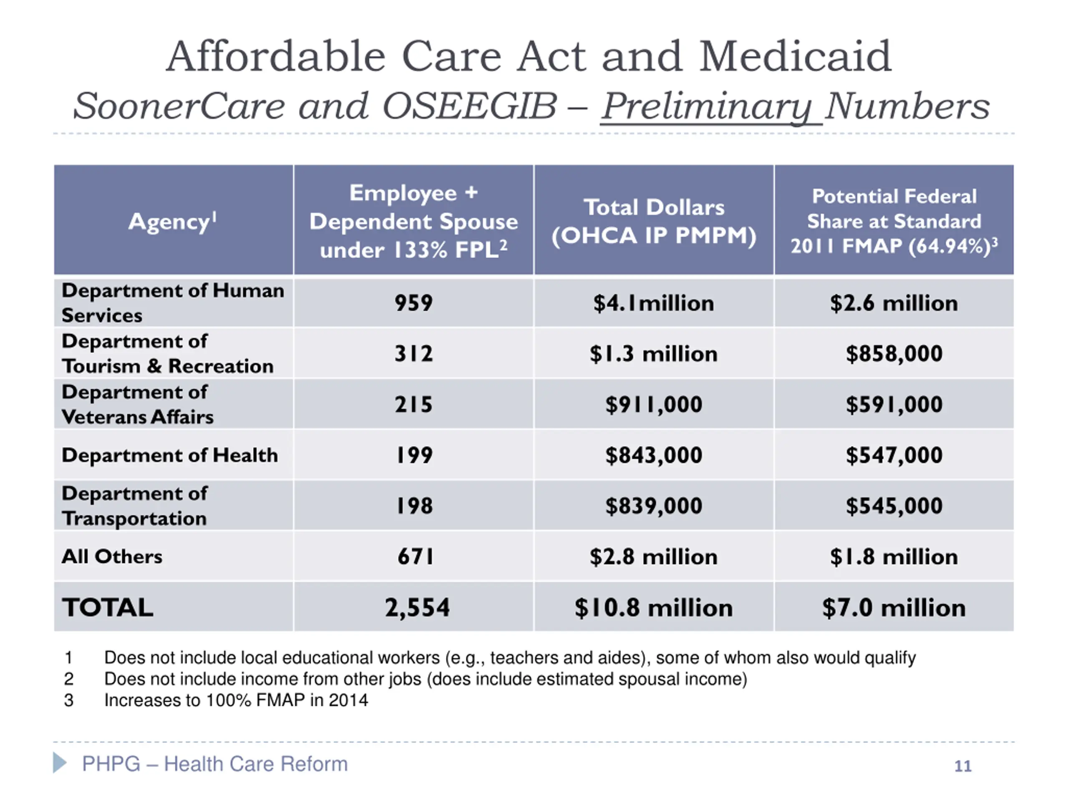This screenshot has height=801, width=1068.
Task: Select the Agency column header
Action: coord(172,222)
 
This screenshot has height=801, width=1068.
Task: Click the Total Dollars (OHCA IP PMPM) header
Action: coord(654,222)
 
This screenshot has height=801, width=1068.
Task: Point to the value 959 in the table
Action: coord(414,303)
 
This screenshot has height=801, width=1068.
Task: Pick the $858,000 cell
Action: coord(894,354)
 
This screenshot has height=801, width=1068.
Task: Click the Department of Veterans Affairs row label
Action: coord(138,405)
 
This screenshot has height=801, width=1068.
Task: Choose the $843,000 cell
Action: coord(654,455)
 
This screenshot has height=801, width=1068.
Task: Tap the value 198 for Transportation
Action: coord(414,506)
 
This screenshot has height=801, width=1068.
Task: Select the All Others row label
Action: coord(112,557)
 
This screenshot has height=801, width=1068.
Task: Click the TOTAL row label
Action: coord(108,607)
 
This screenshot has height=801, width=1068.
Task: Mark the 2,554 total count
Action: coord(417,607)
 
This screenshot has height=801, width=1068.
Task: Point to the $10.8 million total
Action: coord(654,607)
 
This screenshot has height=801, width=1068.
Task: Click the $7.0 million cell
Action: coord(894,607)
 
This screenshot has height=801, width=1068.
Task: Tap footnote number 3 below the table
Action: coord(68,700)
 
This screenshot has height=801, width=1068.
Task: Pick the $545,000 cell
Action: coord(894,506)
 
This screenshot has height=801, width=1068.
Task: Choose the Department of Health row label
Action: coord(169,455)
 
